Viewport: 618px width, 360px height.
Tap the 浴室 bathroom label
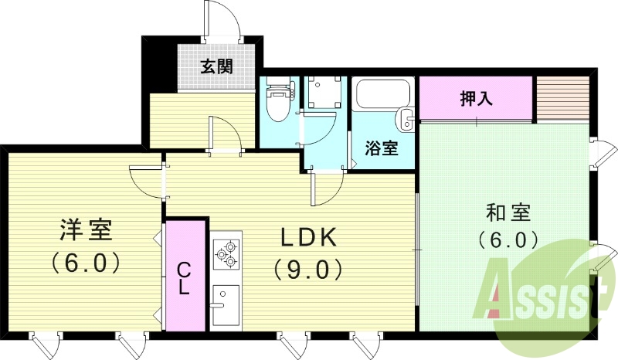tap(381, 148)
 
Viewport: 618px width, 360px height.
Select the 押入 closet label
tap(477, 99)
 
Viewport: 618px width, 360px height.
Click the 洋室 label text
tap(87, 229)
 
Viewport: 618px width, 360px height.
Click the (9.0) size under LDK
tap(307, 268)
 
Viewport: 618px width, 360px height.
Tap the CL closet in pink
tap(185, 277)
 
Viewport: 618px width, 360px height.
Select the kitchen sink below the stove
tap(226, 304)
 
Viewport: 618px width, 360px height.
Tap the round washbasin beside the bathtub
tap(405, 119)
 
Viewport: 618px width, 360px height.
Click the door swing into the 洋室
tap(147, 180)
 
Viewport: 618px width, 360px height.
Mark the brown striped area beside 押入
tap(563, 99)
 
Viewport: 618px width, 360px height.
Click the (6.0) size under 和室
tap(508, 239)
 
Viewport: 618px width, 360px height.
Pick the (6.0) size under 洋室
tap(87, 263)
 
